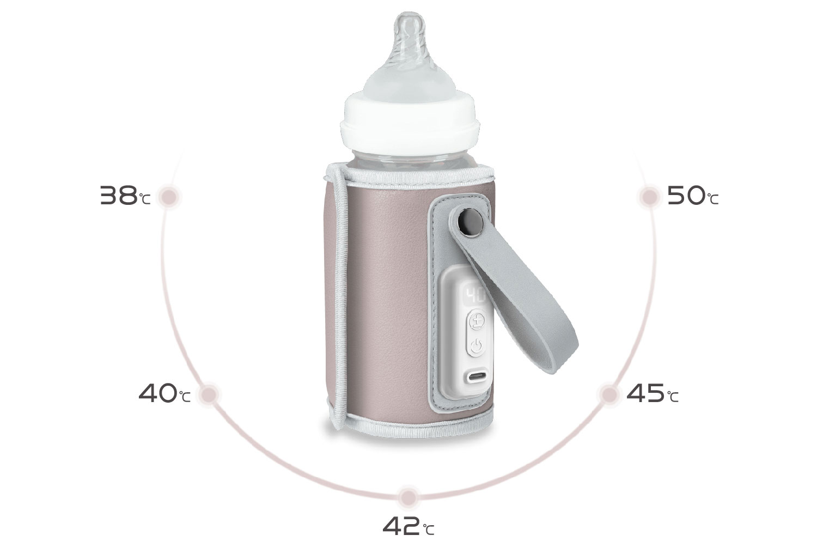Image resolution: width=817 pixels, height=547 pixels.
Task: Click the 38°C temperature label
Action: click(x=125, y=196)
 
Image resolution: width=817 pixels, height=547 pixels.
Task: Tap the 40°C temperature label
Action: click(x=164, y=393)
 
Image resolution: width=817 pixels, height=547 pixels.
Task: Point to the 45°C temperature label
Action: click(x=652, y=393)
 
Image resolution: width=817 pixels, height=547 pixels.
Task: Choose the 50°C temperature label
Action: click(x=693, y=196)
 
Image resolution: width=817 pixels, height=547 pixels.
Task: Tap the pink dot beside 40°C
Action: click(x=209, y=394)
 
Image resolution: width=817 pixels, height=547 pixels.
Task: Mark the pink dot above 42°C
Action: click(x=408, y=497)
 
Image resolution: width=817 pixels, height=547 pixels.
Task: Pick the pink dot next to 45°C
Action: click(x=609, y=394)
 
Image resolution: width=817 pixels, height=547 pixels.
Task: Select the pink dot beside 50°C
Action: click(x=650, y=197)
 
